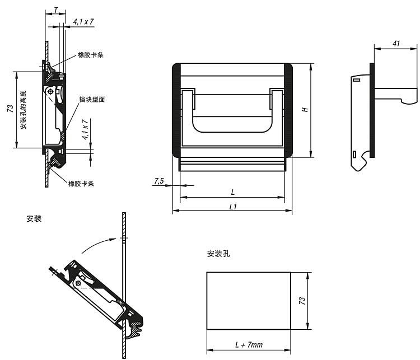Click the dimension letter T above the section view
[55, 10]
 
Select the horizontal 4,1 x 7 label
[83, 22]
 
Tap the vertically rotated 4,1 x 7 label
[86, 129]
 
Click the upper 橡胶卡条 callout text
[91, 55]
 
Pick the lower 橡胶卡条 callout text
[81, 184]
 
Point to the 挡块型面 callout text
[92, 99]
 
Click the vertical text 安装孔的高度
[24, 110]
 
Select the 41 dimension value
[396, 44]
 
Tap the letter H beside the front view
[305, 110]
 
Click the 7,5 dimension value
[158, 181]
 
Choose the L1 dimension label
[233, 207]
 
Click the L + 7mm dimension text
[249, 344]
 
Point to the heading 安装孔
[218, 254]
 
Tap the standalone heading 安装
[34, 219]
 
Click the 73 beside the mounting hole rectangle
[302, 301]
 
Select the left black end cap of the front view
[176, 110]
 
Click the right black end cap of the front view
[288, 110]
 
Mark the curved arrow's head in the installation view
[115, 239]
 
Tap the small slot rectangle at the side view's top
[357, 80]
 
